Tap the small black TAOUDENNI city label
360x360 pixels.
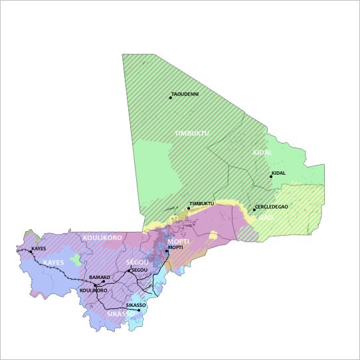(x=185, y=94)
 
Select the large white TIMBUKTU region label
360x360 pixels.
(x=192, y=134)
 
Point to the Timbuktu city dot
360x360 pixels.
(x=188, y=209)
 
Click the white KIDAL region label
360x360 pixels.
(x=263, y=153)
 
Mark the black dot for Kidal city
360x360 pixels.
(x=270, y=177)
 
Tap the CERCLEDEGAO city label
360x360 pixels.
(x=272, y=207)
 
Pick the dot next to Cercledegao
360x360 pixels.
(x=254, y=210)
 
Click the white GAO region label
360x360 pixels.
(x=266, y=217)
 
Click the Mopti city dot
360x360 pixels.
(x=167, y=251)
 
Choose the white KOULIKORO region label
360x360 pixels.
(x=102, y=237)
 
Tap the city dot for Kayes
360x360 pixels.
(x=31, y=252)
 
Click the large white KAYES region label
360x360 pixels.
(x=53, y=263)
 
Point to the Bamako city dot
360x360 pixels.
(x=103, y=281)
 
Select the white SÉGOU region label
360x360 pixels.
(x=137, y=263)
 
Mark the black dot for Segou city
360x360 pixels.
(x=129, y=271)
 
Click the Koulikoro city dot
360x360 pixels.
(x=96, y=286)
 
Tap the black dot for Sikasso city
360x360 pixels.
(x=138, y=310)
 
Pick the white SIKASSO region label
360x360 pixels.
(x=120, y=314)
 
